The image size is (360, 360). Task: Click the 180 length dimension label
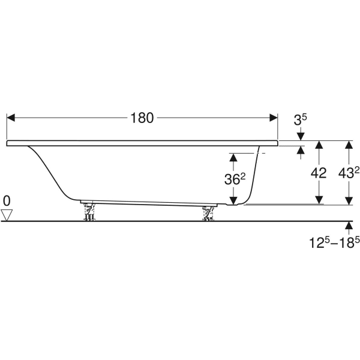click(x=142, y=118)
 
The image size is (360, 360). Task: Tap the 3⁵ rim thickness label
click(x=301, y=120)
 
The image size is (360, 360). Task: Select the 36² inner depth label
click(x=235, y=179)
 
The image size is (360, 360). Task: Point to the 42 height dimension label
click(x=319, y=173)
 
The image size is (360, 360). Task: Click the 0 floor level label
click(x=7, y=201)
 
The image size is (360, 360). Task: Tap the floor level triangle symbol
click(x=7, y=215)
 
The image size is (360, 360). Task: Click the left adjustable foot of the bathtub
click(x=89, y=212)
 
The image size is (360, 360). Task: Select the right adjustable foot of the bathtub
click(x=208, y=214)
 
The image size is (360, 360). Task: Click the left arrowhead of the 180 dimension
click(x=11, y=118)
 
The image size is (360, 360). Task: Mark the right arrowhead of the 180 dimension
click(x=274, y=118)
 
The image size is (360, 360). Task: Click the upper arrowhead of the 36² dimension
click(x=233, y=157)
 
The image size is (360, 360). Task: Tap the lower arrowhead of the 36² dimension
click(x=233, y=200)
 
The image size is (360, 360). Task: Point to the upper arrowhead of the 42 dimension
click(x=319, y=145)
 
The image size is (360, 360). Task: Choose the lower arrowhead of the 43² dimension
click(x=349, y=200)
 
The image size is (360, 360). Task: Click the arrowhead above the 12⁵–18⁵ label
click(x=349, y=226)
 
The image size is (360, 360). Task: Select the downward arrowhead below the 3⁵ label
click(x=301, y=137)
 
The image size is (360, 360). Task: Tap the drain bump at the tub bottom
click(x=232, y=205)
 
